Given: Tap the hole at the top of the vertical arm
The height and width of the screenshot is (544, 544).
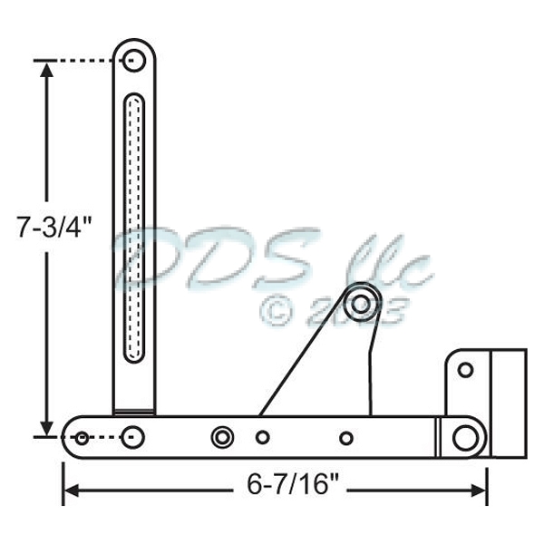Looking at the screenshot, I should click(x=134, y=61).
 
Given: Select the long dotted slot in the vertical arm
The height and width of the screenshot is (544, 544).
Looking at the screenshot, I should click(x=134, y=227).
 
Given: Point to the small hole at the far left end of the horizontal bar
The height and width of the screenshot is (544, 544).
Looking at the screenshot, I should click(x=82, y=438).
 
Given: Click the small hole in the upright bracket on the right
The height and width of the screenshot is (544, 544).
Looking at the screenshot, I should click(x=465, y=370).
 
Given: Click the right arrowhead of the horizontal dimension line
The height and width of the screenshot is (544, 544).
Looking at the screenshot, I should click(x=480, y=491).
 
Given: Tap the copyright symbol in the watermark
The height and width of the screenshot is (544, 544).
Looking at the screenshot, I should click(x=277, y=310).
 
